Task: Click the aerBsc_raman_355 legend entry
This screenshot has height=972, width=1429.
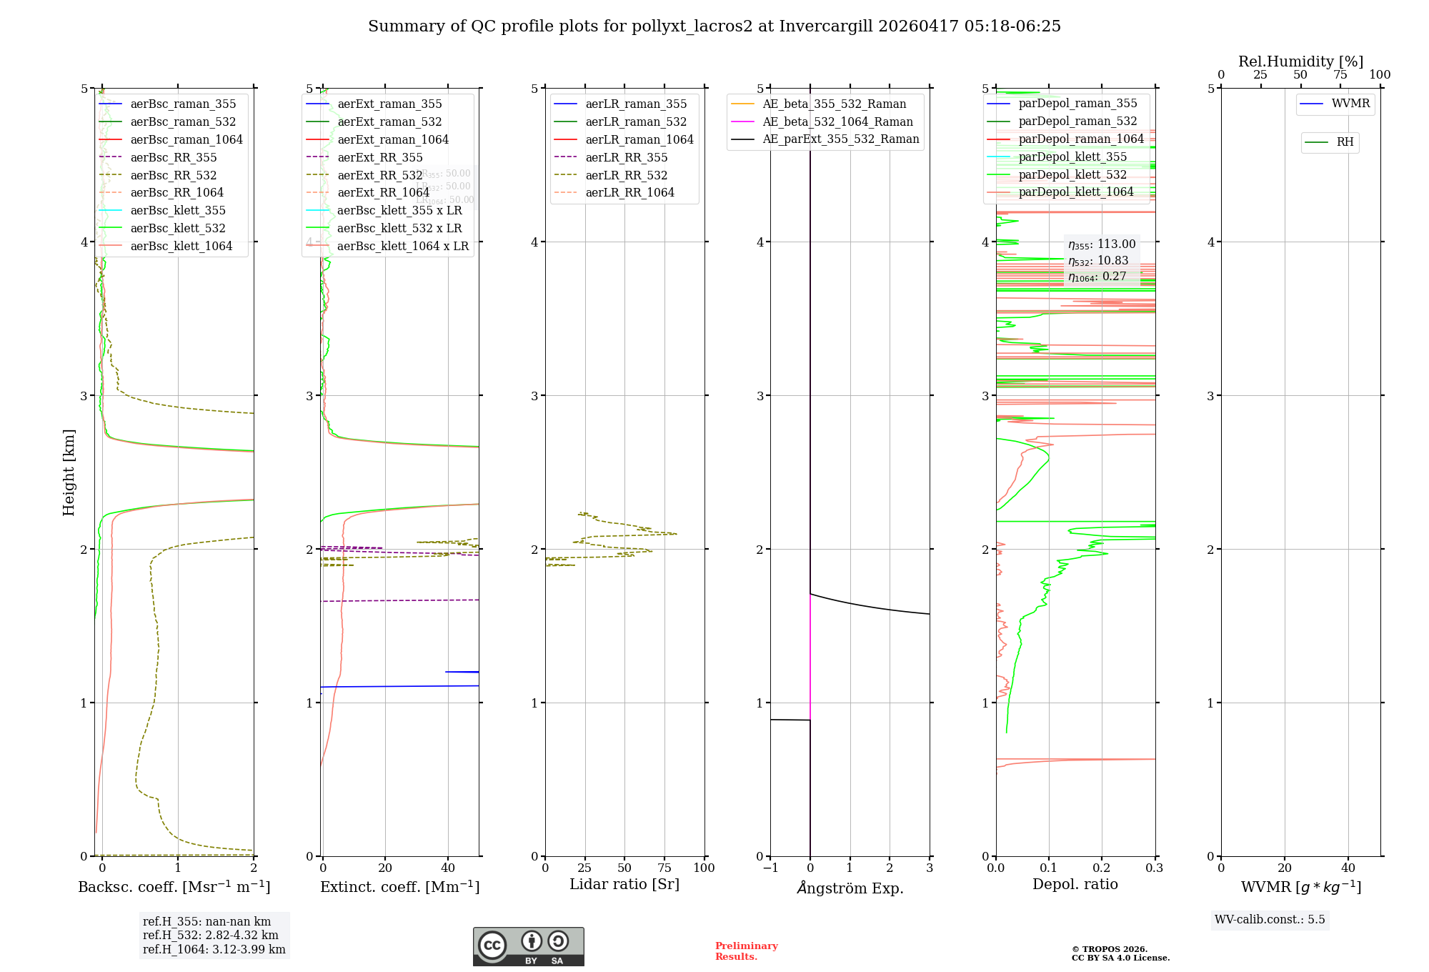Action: [183, 104]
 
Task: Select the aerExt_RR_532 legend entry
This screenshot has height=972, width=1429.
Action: [379, 175]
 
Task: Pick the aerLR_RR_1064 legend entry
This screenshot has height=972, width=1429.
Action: [629, 193]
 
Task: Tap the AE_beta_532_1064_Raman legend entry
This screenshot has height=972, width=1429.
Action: [837, 122]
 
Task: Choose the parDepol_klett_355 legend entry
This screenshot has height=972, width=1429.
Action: [1072, 157]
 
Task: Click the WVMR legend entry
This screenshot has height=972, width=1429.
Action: [1350, 104]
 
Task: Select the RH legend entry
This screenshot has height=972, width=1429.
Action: [1345, 142]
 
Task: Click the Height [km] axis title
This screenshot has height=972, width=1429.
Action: [69, 472]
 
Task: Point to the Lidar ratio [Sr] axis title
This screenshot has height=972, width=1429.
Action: [624, 884]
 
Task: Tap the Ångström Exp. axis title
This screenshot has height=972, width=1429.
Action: [850, 888]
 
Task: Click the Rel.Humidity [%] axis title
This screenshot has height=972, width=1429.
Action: [1300, 61]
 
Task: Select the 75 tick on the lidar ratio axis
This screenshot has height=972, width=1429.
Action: [664, 868]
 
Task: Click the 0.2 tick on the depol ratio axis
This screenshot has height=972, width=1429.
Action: [1102, 868]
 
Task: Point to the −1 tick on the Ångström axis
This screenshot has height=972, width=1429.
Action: [770, 868]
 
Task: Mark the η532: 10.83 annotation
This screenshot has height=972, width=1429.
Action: [1098, 261]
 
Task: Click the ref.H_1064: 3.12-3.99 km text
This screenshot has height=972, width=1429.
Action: [214, 950]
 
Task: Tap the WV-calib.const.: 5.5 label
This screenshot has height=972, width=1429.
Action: [1270, 920]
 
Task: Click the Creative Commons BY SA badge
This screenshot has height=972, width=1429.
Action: [528, 946]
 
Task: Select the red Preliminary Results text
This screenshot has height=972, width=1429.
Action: [746, 951]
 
